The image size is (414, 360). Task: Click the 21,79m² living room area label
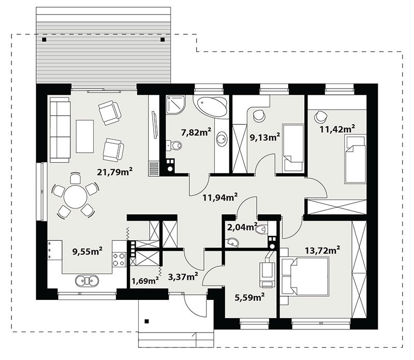click(x=114, y=172)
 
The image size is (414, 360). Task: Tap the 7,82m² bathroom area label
click(x=196, y=132)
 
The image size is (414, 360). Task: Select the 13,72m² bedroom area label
click(x=322, y=250)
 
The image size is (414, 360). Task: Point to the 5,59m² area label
click(x=249, y=297)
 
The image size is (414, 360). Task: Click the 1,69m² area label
click(x=145, y=280)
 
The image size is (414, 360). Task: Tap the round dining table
click(x=75, y=197)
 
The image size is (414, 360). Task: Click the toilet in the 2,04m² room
click(x=262, y=229)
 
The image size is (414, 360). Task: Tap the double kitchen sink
click(x=87, y=281)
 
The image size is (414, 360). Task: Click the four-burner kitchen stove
click(x=119, y=260)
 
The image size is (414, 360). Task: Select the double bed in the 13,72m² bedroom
click(x=305, y=276)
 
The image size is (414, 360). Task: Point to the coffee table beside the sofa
click(x=85, y=136)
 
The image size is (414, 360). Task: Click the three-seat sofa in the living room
click(x=60, y=130)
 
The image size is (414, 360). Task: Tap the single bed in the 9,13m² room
click(x=293, y=148)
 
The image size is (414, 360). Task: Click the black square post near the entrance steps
click(x=147, y=321)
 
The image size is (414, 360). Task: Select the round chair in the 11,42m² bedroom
click(x=320, y=117)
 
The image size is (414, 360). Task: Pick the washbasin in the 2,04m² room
click(x=233, y=242)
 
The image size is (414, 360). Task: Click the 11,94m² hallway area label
click(x=220, y=197)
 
